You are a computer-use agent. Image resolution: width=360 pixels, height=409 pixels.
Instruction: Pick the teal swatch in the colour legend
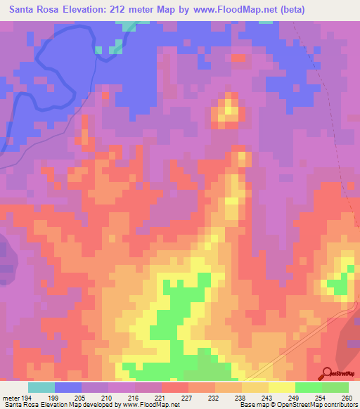(41, 387)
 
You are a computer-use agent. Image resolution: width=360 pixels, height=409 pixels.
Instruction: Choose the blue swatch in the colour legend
(68, 387)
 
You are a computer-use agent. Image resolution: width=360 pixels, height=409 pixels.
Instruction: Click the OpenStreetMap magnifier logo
(326, 374)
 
